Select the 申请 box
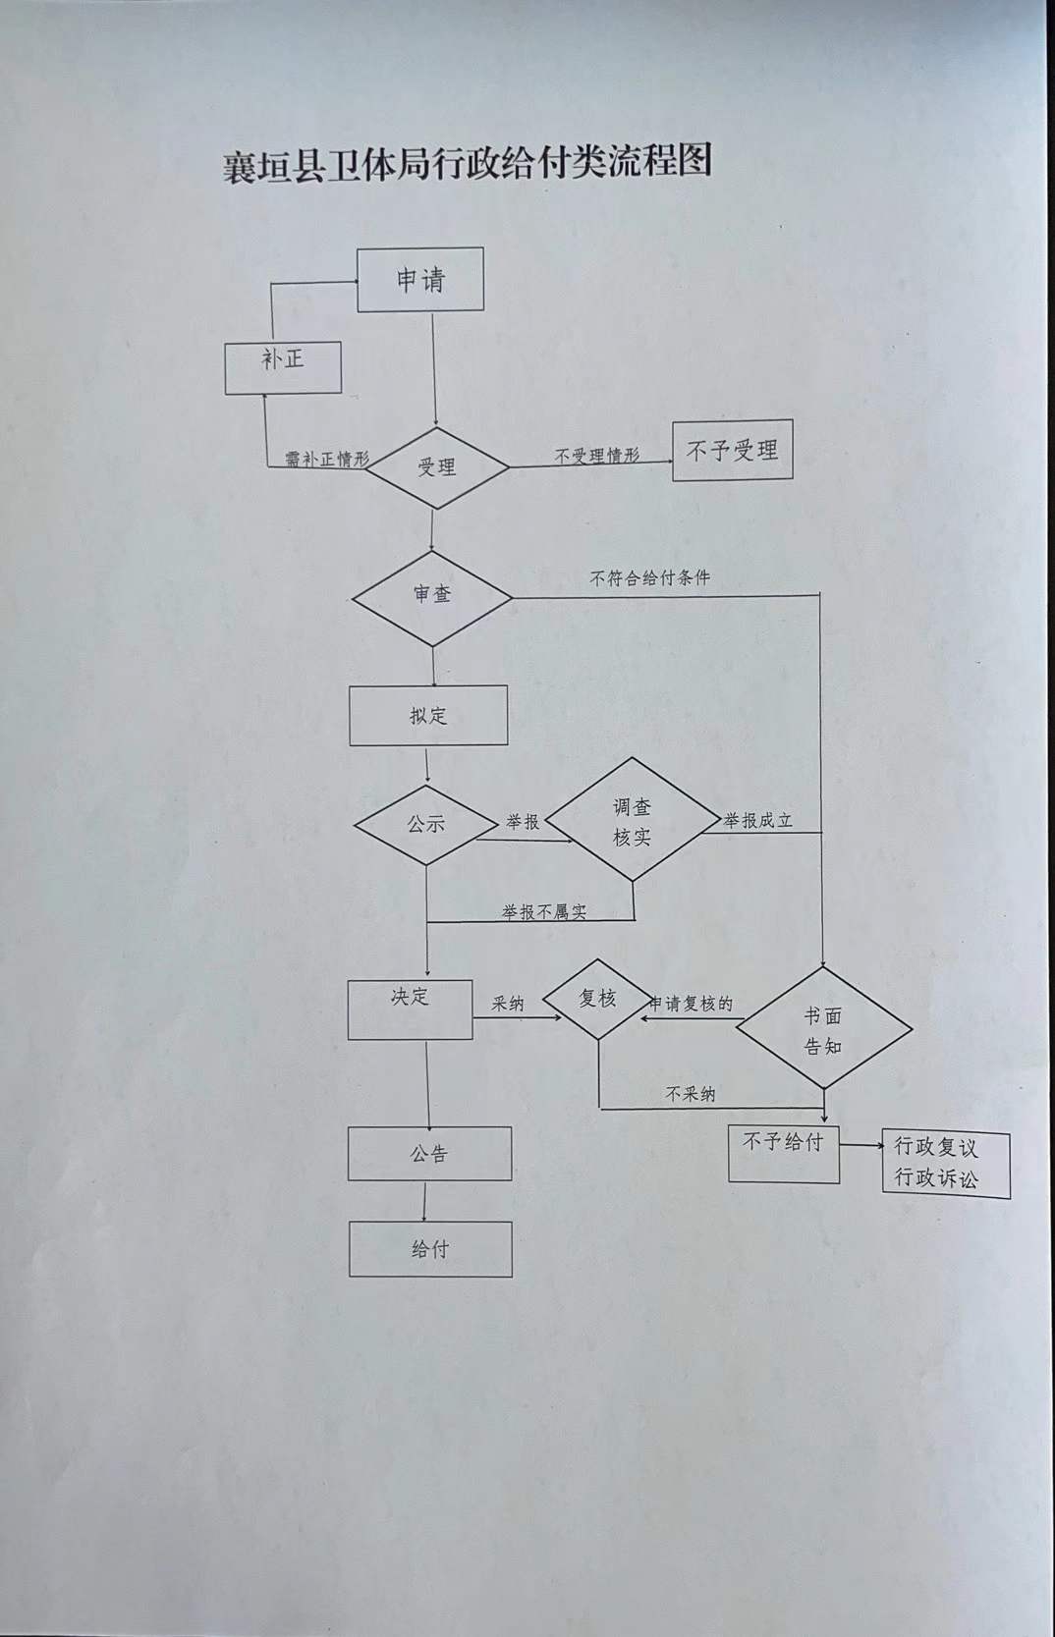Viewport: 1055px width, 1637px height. point(420,280)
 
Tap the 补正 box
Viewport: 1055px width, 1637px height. point(283,367)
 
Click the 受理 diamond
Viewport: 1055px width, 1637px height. point(436,467)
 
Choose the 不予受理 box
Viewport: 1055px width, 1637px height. point(732,451)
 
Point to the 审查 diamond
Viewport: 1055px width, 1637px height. point(432,596)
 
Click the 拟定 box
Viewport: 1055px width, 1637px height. point(428,716)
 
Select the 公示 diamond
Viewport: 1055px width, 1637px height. point(426,825)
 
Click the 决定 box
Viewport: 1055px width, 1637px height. point(411,1009)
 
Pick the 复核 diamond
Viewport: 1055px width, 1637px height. point(597,1000)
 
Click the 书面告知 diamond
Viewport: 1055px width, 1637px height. point(823,1029)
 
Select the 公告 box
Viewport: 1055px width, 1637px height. point(429,1154)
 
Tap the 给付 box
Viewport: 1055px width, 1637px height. point(430,1249)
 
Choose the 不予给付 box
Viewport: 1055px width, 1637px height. point(783,1154)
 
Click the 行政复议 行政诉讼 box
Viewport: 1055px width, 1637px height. point(945,1164)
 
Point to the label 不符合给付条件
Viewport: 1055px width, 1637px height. point(649,578)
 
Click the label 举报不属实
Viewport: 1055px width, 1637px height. point(543,912)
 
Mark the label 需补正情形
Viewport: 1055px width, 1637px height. point(327,459)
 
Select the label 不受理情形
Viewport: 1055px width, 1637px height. point(596,456)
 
